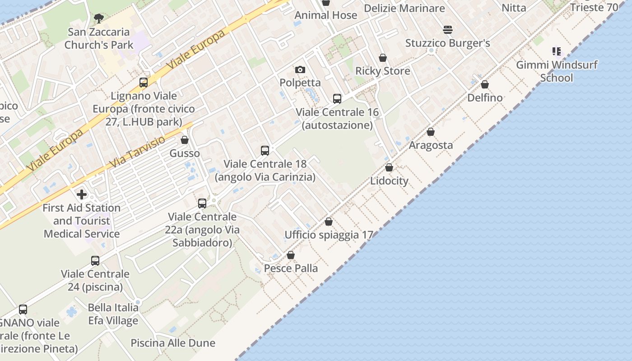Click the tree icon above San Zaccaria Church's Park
click(98, 19)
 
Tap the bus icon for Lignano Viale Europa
click(144, 83)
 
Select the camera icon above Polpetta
click(300, 69)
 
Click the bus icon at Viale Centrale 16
click(337, 99)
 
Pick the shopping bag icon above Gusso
click(184, 140)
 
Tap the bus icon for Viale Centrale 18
click(265, 151)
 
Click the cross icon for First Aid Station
click(82, 194)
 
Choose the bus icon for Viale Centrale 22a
click(202, 204)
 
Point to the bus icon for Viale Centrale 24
click(95, 261)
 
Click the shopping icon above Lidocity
click(389, 168)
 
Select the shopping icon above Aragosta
click(431, 132)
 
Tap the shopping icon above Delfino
click(485, 85)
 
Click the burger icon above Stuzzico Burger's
click(448, 30)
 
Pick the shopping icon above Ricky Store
click(383, 58)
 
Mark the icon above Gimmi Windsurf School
click(557, 51)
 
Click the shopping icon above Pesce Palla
click(291, 255)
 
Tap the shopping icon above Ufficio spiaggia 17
click(329, 222)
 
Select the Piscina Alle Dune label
click(173, 343)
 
